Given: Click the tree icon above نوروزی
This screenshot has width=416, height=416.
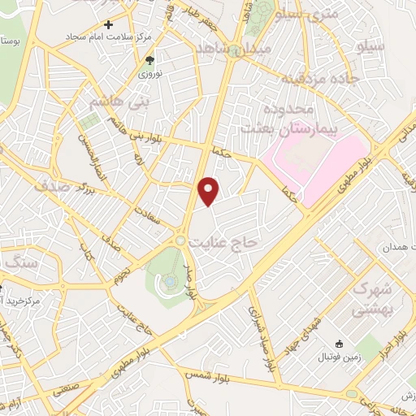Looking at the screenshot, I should click(x=149, y=60).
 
